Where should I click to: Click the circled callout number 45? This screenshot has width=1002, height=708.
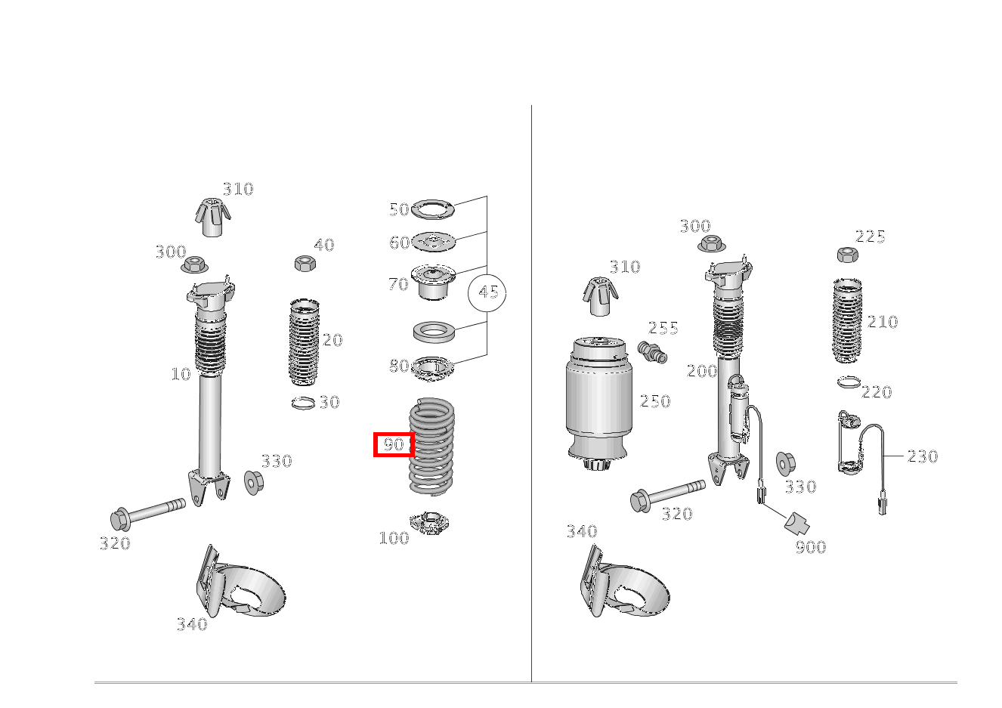point(487,292)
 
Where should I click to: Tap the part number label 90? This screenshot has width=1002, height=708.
point(394,444)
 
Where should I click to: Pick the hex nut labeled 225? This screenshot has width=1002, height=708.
point(846,255)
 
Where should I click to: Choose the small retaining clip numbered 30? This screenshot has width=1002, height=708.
point(303,403)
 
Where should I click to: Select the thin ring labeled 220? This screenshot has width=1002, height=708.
point(848,382)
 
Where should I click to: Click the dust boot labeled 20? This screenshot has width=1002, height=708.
point(304,342)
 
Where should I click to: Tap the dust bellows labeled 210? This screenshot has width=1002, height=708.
point(848,320)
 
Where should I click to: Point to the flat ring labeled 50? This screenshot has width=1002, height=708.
point(433,208)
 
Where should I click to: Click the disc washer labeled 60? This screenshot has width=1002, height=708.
point(434,242)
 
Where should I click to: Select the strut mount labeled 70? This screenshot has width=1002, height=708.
point(433,281)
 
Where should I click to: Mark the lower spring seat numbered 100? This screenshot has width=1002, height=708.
point(429,523)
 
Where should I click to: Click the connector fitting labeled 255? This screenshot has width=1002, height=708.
point(652,352)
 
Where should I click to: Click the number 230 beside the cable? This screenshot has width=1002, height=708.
point(922,456)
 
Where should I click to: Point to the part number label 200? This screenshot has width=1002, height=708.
point(701,371)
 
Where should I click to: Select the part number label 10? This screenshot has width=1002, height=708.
point(181,374)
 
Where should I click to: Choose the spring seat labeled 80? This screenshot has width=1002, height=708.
point(433,369)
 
